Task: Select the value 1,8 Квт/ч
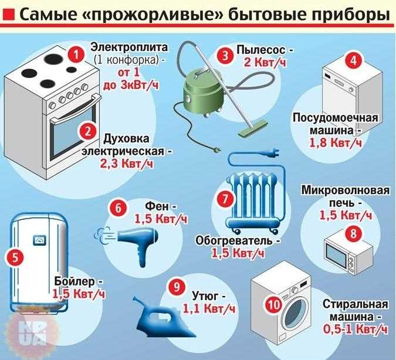click(336, 142)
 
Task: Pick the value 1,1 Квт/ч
click(208, 308)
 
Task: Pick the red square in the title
click(9, 13)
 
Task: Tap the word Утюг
click(202, 295)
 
